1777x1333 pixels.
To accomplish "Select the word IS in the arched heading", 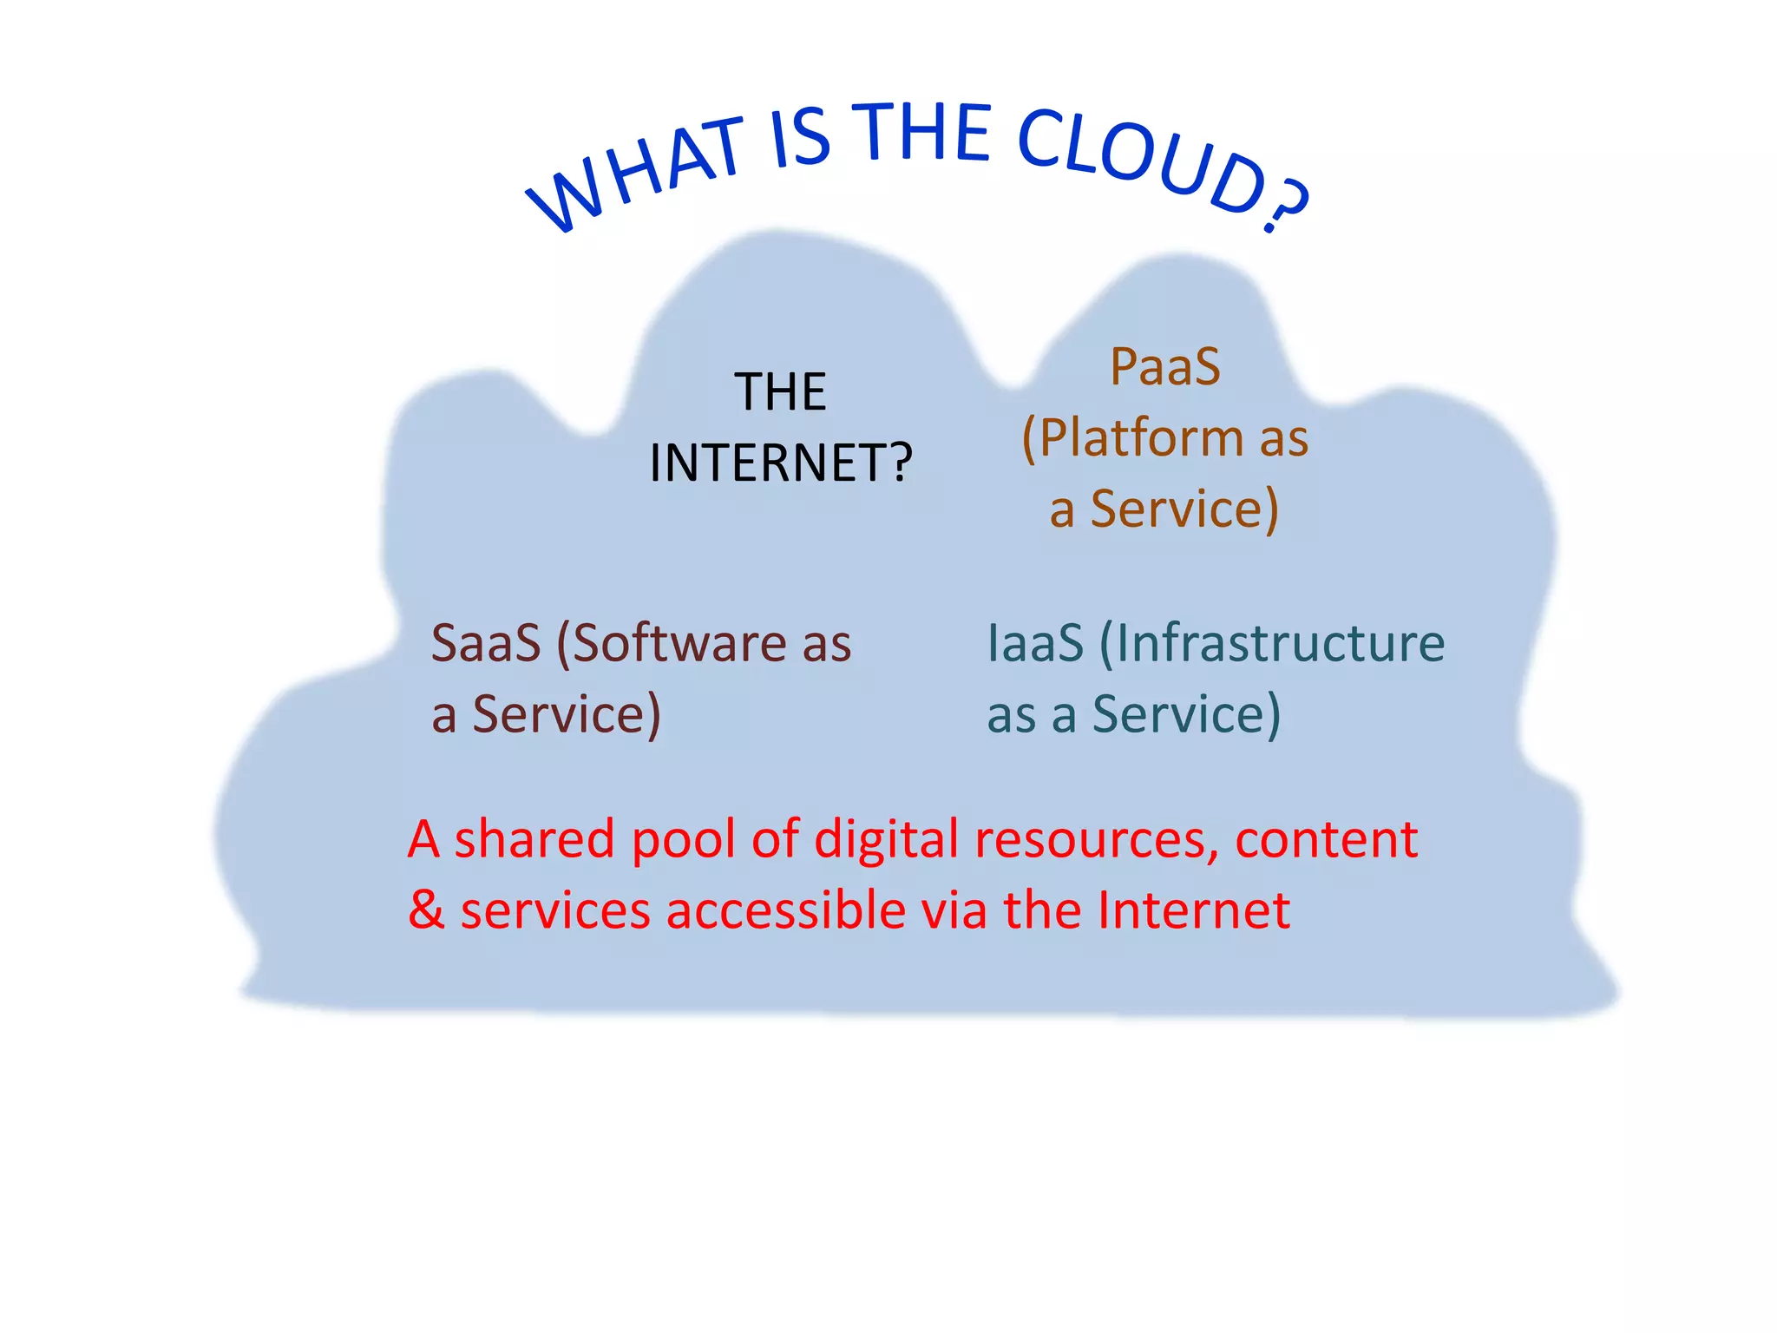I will tap(800, 137).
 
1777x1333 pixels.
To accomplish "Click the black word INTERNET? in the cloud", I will tap(781, 463).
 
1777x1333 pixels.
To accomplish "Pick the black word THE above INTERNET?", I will tap(780, 391).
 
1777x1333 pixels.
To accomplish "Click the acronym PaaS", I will tap(1165, 366).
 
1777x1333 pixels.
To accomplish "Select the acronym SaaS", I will tap(485, 643).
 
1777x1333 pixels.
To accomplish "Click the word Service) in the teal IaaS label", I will tap(1185, 715).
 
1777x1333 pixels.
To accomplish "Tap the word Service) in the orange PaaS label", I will tap(1184, 509).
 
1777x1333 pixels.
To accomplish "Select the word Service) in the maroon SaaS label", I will tap(566, 715).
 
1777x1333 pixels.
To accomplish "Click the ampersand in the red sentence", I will tap(426, 910).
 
